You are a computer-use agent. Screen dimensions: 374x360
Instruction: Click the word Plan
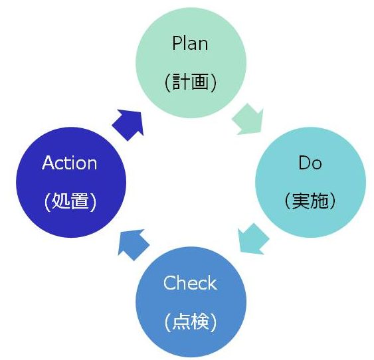click(190, 43)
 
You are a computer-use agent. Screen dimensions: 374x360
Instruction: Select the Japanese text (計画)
click(191, 82)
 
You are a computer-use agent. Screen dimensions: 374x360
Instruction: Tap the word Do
click(310, 163)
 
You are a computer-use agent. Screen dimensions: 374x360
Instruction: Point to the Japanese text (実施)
click(310, 201)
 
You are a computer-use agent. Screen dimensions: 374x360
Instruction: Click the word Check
click(190, 283)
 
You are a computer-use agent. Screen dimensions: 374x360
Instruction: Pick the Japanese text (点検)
click(191, 321)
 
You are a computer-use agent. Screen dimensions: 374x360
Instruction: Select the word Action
click(69, 163)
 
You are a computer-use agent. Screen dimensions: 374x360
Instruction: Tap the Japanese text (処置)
click(70, 202)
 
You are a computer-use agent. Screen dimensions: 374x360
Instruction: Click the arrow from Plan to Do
click(248, 120)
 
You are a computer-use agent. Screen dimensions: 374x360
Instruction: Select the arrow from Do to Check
click(253, 239)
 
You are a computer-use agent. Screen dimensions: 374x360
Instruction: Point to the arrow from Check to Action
click(134, 245)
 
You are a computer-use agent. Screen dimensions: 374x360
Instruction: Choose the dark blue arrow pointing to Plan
click(128, 125)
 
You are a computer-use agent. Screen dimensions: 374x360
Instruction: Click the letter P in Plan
click(177, 43)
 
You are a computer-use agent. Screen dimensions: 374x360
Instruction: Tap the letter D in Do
click(305, 163)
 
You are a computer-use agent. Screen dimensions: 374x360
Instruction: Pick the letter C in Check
click(169, 283)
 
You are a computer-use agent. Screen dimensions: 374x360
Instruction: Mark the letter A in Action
click(48, 163)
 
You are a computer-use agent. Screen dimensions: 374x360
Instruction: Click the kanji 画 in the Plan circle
click(200, 82)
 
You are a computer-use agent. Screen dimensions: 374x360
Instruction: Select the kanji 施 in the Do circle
click(319, 201)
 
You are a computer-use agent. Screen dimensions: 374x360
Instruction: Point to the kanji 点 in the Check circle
click(181, 321)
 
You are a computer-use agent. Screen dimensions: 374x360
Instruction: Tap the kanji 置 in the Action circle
click(80, 202)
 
